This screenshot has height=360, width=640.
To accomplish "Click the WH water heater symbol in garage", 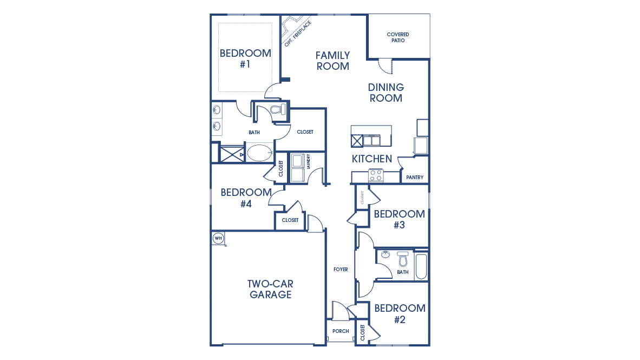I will pyautogui.click(x=218, y=238).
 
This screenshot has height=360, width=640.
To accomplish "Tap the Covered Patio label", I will pyautogui.click(x=397, y=37).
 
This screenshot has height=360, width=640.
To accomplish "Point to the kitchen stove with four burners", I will pyautogui.click(x=376, y=175).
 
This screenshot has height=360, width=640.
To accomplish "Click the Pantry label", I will pyautogui.click(x=415, y=178).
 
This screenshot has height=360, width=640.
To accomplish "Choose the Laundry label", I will pyautogui.click(x=308, y=162).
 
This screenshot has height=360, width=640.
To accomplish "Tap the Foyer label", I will pyautogui.click(x=341, y=270).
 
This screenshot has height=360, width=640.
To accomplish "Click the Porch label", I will pyautogui.click(x=341, y=331).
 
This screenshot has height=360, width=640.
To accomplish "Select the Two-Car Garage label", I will pyautogui.click(x=270, y=289).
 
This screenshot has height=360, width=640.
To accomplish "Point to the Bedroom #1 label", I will pyautogui.click(x=245, y=58).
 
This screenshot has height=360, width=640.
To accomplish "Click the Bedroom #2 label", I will pyautogui.click(x=400, y=313).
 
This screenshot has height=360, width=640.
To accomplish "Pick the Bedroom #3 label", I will pyautogui.click(x=399, y=219).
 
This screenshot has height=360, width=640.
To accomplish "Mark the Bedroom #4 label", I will pyautogui.click(x=246, y=198).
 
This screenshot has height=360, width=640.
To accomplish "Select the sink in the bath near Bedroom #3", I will pyautogui.click(x=386, y=255).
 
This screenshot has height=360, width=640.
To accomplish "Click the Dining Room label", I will pyautogui.click(x=386, y=93).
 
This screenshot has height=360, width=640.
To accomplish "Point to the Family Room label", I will pyautogui.click(x=332, y=61).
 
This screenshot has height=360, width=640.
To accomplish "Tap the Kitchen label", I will pyautogui.click(x=372, y=159).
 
